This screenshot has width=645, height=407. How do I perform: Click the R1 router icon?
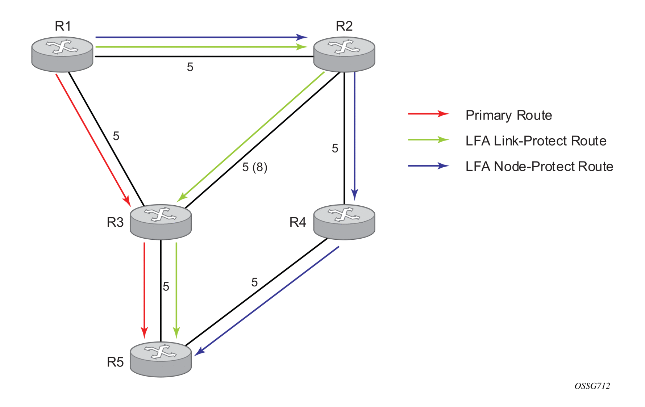point(62,54)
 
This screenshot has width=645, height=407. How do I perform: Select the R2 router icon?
point(344,54)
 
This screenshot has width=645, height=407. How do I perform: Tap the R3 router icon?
point(161,222)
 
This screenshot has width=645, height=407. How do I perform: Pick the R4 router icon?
point(344,222)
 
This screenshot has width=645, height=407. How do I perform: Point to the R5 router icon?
point(161,360)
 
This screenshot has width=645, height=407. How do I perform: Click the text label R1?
point(63,26)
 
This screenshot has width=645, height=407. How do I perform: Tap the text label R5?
point(115,362)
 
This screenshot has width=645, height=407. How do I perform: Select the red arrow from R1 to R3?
point(93,140)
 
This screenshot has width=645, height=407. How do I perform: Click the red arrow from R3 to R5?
point(144,290)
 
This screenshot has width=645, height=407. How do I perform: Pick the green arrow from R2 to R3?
point(251,137)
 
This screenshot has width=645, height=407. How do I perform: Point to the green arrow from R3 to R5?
point(176,290)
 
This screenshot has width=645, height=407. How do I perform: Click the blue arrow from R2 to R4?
point(355,136)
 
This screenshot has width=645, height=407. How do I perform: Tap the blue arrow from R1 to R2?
point(201,37)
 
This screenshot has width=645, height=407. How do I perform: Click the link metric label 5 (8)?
point(255,167)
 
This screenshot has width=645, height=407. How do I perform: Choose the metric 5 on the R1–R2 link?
point(190,67)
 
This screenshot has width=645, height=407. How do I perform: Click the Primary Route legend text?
point(509,115)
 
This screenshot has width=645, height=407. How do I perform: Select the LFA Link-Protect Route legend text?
point(536,141)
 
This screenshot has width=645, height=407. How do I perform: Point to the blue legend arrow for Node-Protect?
point(429,166)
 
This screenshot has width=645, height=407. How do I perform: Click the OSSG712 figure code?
point(592,386)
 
